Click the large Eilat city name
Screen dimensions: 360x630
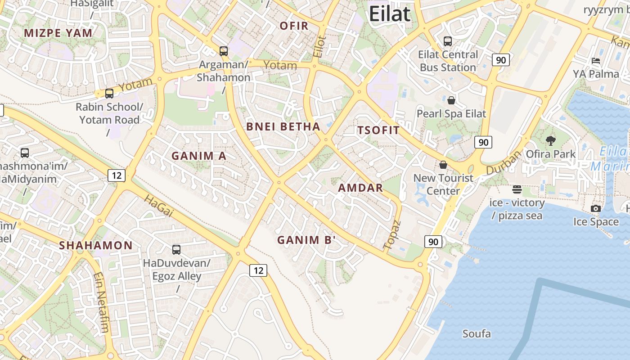[390, 13]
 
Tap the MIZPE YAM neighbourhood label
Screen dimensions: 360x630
[58, 33]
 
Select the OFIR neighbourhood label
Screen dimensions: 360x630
[294, 26]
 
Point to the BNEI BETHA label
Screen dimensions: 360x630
[283, 126]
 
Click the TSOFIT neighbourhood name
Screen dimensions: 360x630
[378, 130]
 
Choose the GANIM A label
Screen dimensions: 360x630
[199, 156]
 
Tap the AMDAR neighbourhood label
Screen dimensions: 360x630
[360, 188]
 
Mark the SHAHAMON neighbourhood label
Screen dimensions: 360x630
[96, 245]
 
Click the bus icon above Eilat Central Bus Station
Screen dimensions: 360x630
[448, 41]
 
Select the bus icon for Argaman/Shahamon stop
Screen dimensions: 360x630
[224, 51]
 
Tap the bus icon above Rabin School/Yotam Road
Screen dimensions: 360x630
[109, 94]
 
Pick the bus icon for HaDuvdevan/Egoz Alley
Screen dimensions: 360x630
[176, 249]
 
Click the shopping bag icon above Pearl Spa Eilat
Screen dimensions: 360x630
[451, 100]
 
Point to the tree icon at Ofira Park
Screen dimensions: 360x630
[550, 141]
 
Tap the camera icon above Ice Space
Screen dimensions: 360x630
[596, 208]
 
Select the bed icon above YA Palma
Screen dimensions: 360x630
[596, 61]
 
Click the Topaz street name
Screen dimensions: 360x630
[391, 235]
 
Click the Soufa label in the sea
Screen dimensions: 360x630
[477, 334]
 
